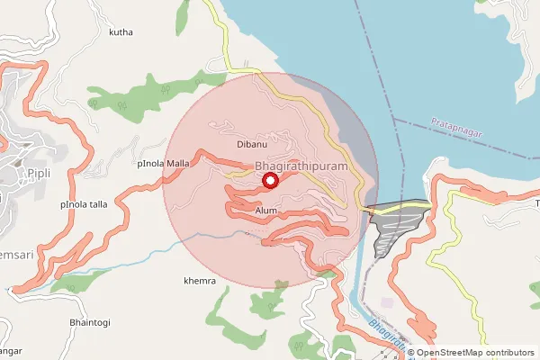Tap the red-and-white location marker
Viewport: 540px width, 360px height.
click(269, 181)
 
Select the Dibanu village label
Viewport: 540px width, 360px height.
click(252, 144)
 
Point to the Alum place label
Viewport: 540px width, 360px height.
click(265, 210)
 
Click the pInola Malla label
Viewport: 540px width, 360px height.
click(164, 164)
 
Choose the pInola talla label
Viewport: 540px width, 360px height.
click(84, 204)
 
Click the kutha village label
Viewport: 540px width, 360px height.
click(121, 32)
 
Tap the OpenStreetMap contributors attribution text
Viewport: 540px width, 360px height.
click(474, 353)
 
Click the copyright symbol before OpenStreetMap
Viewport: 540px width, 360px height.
click(411, 353)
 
